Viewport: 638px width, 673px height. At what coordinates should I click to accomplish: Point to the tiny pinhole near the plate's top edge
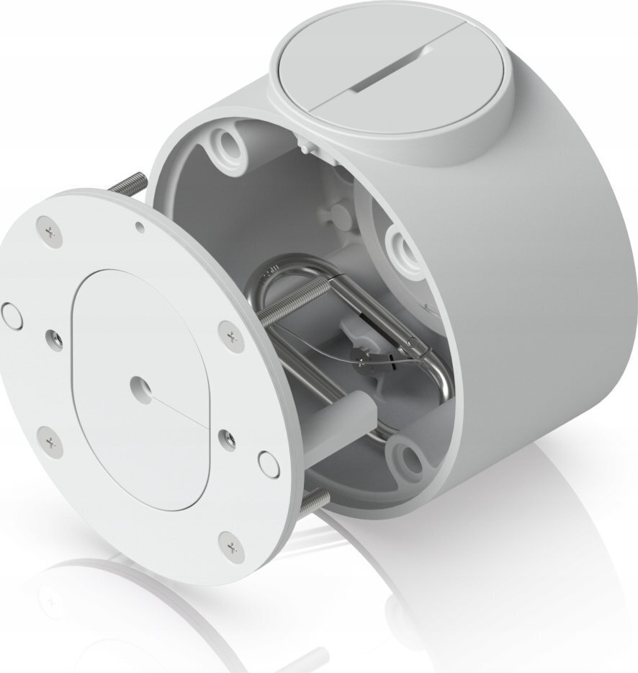(x=140, y=228)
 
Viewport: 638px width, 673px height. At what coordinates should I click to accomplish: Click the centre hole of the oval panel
(x=139, y=386)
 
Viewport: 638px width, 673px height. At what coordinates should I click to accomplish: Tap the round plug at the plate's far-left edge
(x=12, y=314)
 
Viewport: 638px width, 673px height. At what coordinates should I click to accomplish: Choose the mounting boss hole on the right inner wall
(x=400, y=246)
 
